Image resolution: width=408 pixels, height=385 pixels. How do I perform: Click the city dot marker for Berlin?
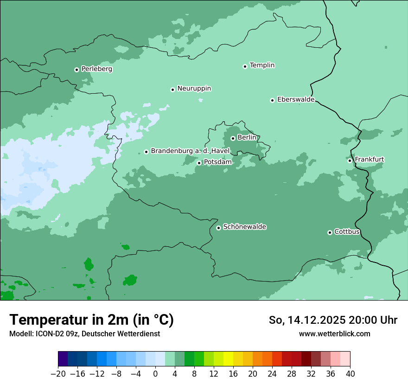tap(233, 138)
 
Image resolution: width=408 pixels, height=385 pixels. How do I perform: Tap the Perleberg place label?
tap(96, 69)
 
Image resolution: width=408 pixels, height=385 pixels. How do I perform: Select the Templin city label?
tap(262, 65)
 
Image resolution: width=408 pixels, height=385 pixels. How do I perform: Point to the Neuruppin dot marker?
tap(172, 90)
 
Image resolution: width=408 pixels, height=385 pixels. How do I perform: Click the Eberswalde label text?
tap(296, 100)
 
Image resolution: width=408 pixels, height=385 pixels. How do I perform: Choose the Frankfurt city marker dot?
tap(350, 160)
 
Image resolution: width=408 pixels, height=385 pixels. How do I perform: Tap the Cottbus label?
tap(347, 231)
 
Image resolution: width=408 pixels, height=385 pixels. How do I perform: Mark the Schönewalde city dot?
tap(218, 228)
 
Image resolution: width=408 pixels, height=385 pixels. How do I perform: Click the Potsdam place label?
tap(217, 162)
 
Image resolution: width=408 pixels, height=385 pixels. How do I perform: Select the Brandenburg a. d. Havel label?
tap(190, 151)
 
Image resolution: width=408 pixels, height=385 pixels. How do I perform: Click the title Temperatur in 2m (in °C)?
tap(91, 320)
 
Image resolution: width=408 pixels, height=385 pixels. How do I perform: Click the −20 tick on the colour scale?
tap(58, 374)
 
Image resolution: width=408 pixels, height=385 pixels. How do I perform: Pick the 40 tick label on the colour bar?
tap(350, 374)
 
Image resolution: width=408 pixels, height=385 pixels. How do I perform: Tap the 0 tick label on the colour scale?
tap(155, 374)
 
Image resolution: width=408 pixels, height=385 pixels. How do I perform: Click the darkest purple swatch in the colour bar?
tap(63, 359)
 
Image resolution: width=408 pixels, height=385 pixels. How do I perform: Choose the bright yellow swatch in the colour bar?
tap(228, 359)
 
